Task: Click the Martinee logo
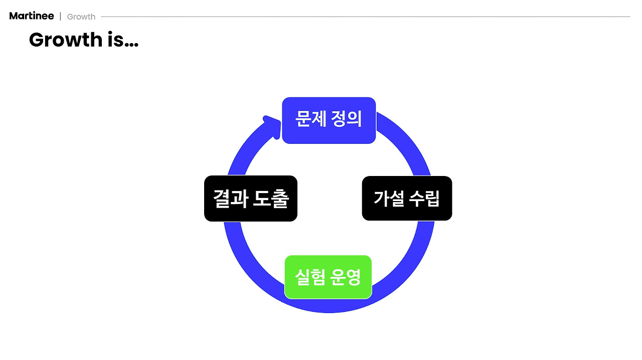(32, 16)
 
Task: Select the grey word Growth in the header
(81, 17)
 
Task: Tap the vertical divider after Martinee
(60, 17)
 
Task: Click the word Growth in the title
(65, 40)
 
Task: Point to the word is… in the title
(123, 40)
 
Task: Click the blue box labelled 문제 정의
(329, 120)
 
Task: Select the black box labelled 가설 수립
(407, 198)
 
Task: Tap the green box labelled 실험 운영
(328, 277)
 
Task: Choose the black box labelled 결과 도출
(251, 198)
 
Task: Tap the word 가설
(388, 198)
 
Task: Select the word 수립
(424, 198)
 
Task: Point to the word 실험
(310, 277)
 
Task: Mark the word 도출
(271, 198)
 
